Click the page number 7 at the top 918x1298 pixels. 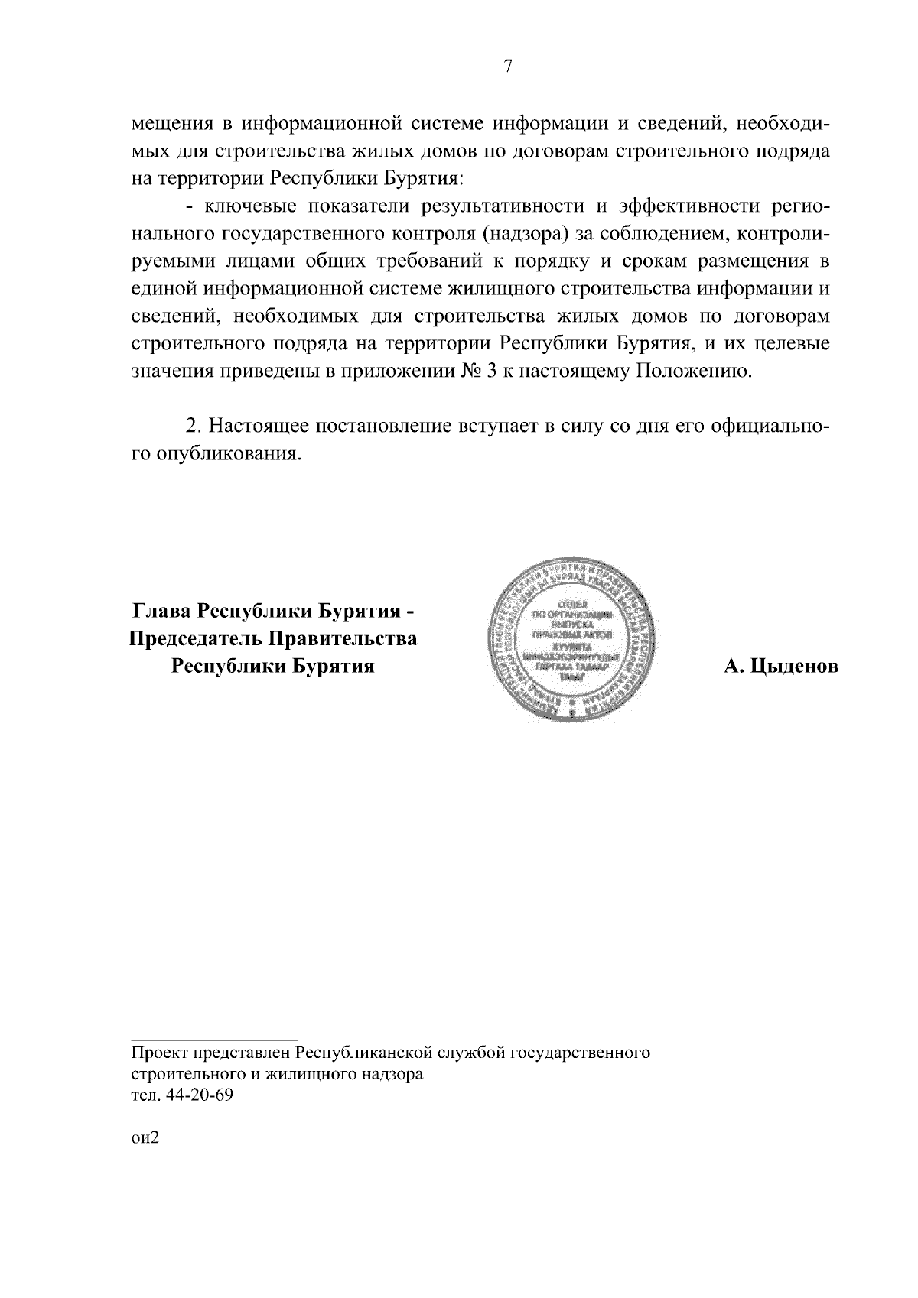(507, 67)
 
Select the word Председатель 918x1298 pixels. (190, 638)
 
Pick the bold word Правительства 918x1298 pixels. (345, 638)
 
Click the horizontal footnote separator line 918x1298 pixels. (214, 1040)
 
